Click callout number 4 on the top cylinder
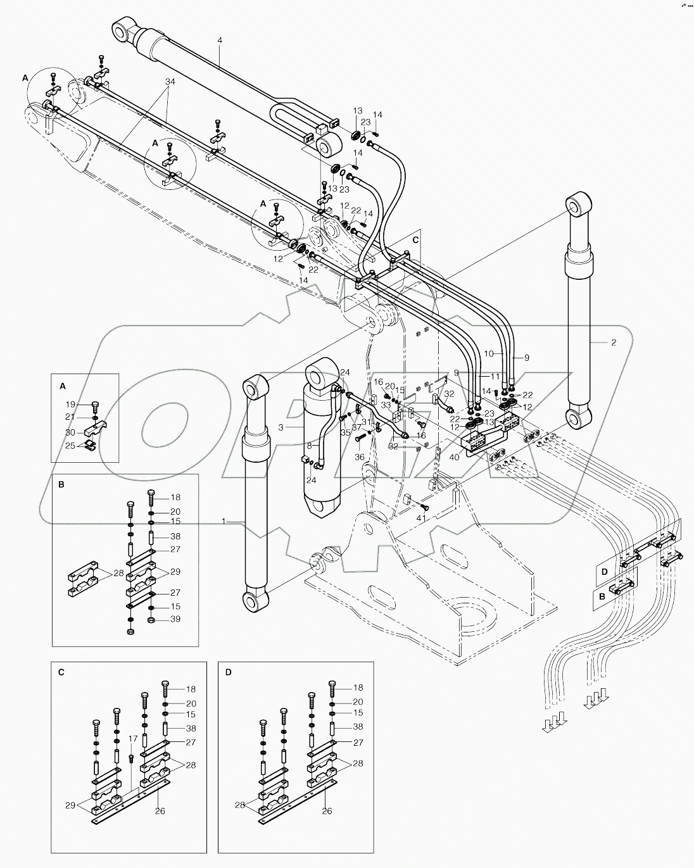(x=220, y=41)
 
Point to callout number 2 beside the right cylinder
(x=614, y=343)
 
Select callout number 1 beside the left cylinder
(x=224, y=520)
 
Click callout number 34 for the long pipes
(x=170, y=82)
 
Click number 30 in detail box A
(x=71, y=432)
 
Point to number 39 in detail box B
(x=175, y=619)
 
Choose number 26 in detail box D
(x=327, y=811)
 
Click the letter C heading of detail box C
(x=61, y=672)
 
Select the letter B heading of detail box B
(x=61, y=484)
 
